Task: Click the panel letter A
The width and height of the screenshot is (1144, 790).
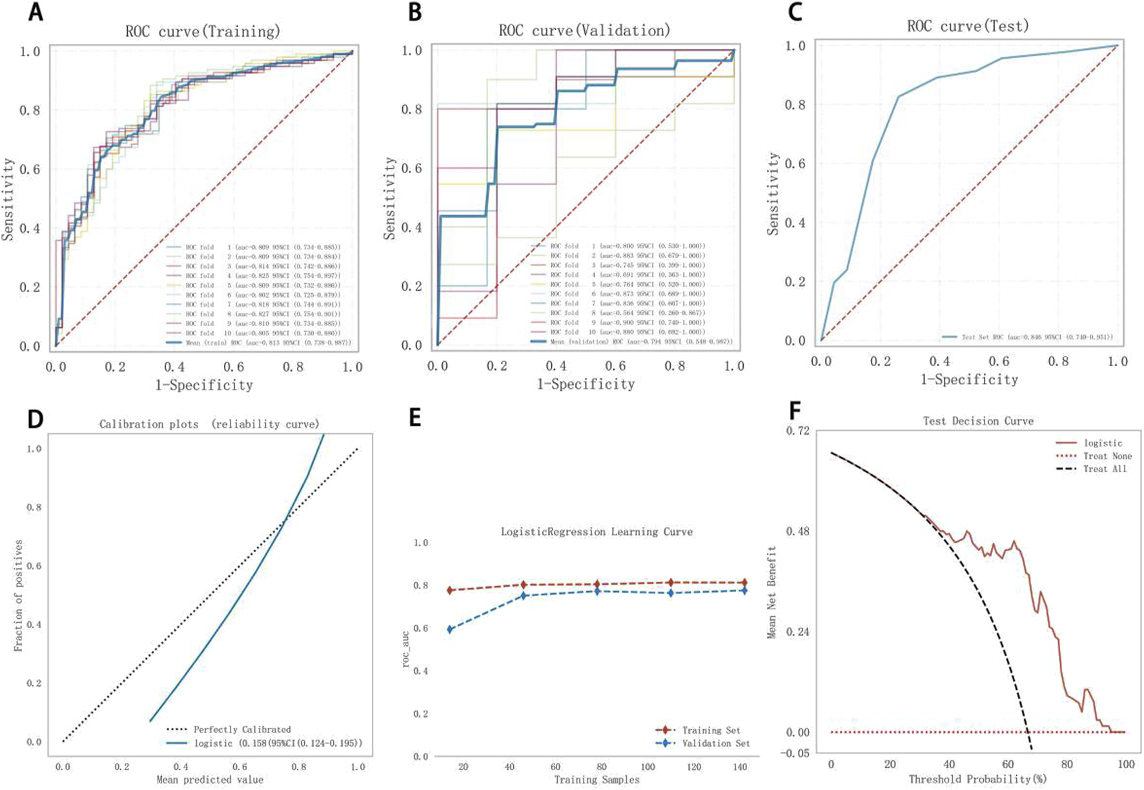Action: (x=36, y=12)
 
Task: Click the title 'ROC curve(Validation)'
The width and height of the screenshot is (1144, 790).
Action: (x=584, y=30)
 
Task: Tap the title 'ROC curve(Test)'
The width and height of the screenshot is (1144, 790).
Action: (x=968, y=26)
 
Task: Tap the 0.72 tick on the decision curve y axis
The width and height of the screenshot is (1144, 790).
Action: (x=797, y=431)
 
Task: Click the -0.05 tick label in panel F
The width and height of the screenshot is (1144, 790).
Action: (x=795, y=753)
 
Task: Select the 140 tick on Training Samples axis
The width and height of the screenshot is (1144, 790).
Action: (x=741, y=767)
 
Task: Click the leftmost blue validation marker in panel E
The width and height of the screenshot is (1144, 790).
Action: (x=451, y=629)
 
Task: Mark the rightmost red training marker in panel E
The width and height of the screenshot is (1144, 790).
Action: (x=745, y=583)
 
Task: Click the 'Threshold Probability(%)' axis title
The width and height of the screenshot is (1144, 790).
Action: (x=977, y=779)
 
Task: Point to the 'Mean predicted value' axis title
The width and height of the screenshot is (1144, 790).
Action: (x=210, y=780)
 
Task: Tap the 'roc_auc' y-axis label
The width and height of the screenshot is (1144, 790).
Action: (x=406, y=650)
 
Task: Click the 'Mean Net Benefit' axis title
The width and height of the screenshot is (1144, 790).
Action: (x=771, y=592)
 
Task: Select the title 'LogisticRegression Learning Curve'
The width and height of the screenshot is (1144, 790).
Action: (x=597, y=532)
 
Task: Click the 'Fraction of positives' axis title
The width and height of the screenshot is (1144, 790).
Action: (x=18, y=596)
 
